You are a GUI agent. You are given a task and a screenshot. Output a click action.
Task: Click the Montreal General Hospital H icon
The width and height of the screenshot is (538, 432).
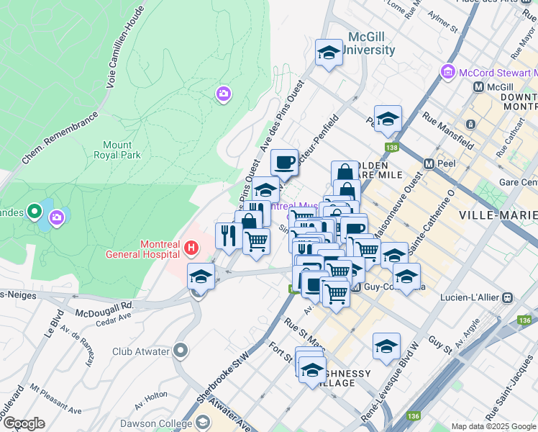click(191, 248)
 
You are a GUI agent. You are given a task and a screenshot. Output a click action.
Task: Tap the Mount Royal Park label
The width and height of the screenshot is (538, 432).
click(117, 149)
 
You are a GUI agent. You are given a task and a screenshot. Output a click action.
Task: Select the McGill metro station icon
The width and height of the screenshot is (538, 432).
click(478, 86)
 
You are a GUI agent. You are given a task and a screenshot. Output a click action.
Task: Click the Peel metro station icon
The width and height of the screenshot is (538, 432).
click(429, 163)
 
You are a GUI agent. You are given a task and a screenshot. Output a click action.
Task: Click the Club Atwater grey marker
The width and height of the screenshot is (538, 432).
click(180, 351)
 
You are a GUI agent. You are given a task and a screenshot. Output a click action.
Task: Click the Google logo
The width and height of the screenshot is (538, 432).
click(24, 423)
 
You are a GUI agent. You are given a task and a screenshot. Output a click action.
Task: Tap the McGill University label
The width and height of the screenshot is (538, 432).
click(371, 42)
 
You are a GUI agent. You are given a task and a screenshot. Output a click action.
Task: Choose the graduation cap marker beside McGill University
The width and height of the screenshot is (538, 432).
click(329, 53)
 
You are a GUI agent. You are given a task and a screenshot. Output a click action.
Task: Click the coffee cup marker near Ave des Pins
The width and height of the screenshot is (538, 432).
click(284, 162)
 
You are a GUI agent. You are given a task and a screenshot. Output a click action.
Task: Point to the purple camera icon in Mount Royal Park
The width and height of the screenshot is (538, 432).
click(224, 94)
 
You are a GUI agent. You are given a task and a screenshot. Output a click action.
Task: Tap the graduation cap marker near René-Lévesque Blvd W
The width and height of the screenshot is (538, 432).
click(386, 346)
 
